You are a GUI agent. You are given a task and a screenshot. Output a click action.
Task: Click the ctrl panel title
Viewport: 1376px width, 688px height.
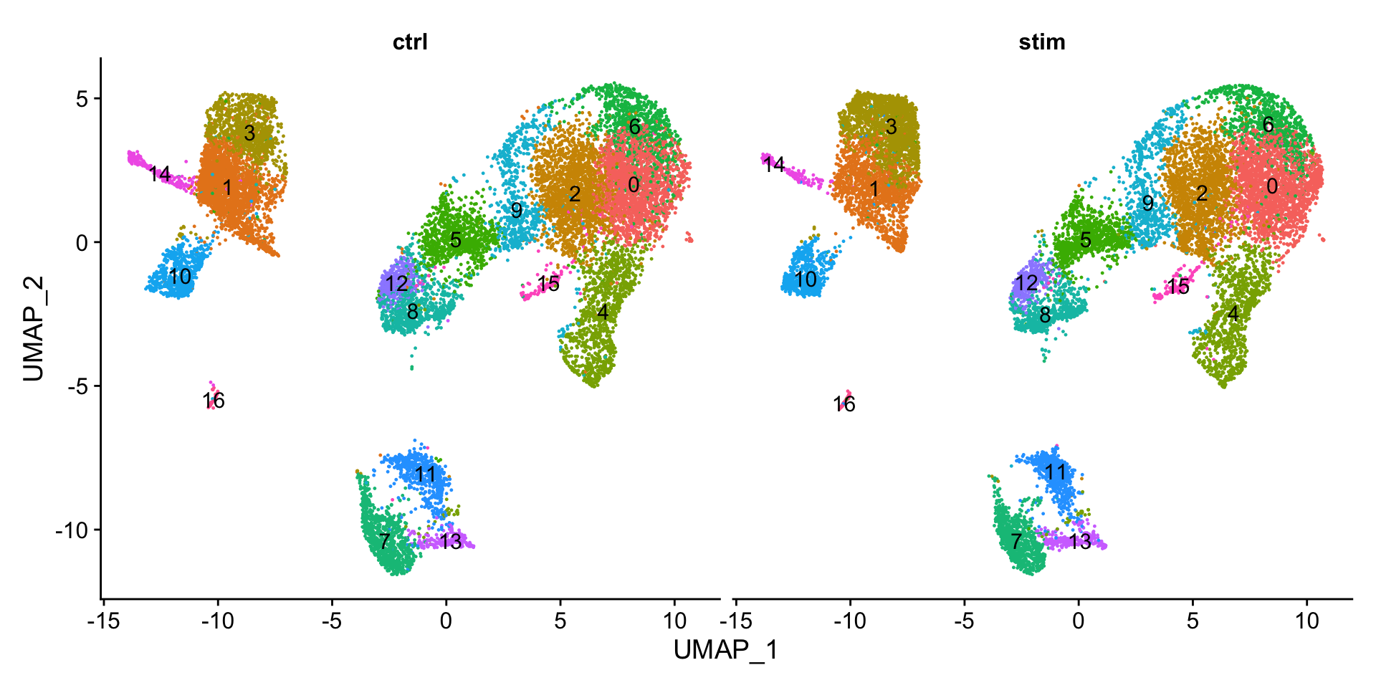(410, 42)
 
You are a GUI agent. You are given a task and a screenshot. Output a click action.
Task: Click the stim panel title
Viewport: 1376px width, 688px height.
(1042, 42)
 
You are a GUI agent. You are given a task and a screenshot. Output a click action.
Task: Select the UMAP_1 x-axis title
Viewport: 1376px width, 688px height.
(725, 650)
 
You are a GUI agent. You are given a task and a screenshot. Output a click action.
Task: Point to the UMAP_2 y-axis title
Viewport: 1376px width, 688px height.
(33, 329)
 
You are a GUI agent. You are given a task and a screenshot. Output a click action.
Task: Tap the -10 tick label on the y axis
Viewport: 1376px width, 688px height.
(71, 530)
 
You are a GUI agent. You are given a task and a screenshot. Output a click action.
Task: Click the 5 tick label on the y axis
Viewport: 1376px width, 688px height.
(82, 99)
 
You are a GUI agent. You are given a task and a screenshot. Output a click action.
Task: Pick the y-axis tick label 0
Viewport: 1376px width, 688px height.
(82, 243)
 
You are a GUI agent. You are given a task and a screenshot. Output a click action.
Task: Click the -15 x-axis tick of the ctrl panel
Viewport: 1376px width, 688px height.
(102, 621)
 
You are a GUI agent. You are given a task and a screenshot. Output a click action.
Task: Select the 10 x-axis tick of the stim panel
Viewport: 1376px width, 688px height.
(1306, 621)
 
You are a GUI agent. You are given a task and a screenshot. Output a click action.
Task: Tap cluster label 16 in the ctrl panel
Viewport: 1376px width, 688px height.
(214, 401)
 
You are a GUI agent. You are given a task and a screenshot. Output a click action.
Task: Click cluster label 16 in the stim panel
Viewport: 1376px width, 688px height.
(845, 405)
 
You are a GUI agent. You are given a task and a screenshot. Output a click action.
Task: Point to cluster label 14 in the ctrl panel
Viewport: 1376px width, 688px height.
(160, 174)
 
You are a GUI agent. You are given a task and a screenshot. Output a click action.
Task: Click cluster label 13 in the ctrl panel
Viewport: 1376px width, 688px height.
(451, 542)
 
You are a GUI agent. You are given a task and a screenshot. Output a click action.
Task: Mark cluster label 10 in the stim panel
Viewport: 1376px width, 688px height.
(806, 279)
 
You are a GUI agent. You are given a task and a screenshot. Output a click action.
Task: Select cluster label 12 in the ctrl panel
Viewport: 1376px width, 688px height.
(396, 284)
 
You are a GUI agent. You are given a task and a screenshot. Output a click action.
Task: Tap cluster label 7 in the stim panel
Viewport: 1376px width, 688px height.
(1016, 541)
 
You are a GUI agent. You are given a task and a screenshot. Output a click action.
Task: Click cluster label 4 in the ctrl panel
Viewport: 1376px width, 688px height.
(603, 312)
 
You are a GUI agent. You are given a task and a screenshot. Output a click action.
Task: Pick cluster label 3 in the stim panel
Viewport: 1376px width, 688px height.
(891, 127)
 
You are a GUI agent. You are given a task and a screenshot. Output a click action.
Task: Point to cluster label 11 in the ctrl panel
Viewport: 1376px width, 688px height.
(425, 474)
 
